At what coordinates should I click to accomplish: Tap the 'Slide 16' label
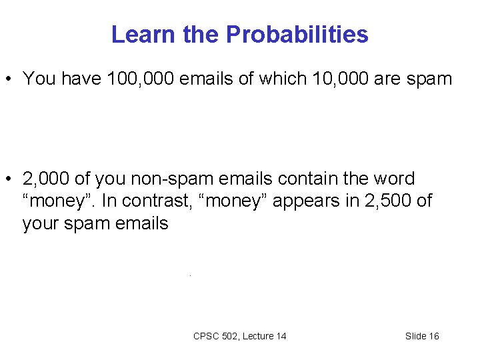422,336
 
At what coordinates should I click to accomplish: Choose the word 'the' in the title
202,34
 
